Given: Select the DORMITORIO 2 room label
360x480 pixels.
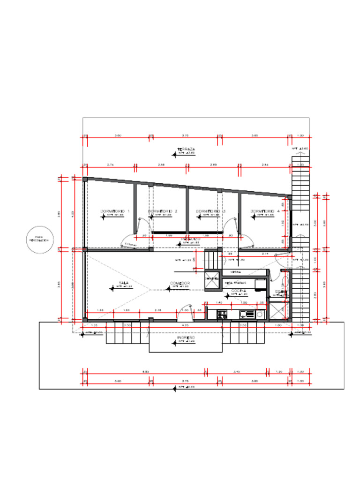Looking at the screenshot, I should pyautogui.click(x=163, y=211).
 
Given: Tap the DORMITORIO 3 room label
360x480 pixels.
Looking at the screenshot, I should pyautogui.click(x=210, y=211).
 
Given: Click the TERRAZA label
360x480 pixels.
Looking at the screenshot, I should pyautogui.click(x=186, y=150).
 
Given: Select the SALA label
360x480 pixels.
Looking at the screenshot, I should pyautogui.click(x=124, y=283).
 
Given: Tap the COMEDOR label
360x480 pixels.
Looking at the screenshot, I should pyautogui.click(x=179, y=283).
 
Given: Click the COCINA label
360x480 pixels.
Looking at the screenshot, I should pyautogui.click(x=239, y=291).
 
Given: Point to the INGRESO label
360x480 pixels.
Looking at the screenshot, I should pyautogui.click(x=186, y=337).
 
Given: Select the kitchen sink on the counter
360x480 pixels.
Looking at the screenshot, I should pyautogui.click(x=244, y=315).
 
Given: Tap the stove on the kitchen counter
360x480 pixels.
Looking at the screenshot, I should pyautogui.click(x=222, y=315).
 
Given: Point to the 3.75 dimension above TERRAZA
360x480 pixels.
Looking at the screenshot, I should pyautogui.click(x=185, y=135).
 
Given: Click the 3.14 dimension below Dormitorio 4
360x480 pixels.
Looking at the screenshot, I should pyautogui.click(x=265, y=254).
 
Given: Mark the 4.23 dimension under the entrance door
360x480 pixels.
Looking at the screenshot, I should pyautogui.click(x=185, y=325).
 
